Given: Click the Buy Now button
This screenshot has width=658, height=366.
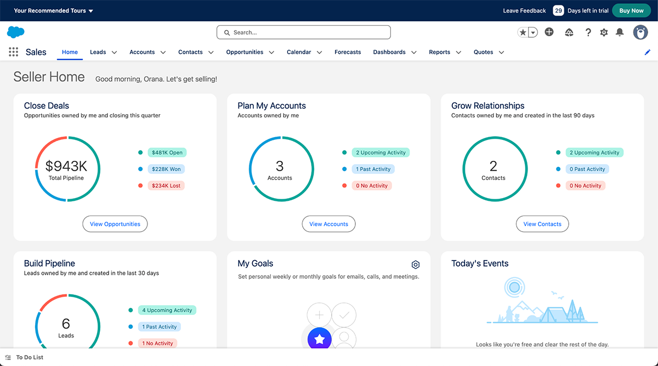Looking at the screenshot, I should (x=631, y=10).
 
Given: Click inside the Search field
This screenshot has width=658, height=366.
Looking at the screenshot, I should (x=303, y=32).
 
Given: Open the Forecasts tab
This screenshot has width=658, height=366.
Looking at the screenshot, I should (x=348, y=52).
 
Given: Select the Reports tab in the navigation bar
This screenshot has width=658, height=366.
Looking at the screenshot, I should (x=439, y=52).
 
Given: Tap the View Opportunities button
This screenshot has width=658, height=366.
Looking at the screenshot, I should (x=115, y=224).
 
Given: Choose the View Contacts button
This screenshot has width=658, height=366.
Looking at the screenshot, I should (x=542, y=224).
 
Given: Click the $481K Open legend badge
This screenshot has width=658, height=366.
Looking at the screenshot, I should (x=167, y=153).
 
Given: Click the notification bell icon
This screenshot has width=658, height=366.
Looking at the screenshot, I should (x=620, y=32).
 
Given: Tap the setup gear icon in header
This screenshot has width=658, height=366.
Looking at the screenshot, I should (x=604, y=32).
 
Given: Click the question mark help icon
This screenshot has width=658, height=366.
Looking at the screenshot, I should (x=588, y=32).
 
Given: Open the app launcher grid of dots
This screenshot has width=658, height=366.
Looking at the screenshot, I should (x=14, y=52).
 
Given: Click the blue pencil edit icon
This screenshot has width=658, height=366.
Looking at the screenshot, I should (x=648, y=52).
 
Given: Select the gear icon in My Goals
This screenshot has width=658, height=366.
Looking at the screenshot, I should (x=416, y=264).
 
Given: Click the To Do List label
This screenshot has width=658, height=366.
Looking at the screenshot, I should (x=30, y=357).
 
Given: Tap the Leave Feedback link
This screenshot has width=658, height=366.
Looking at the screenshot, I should (x=524, y=10).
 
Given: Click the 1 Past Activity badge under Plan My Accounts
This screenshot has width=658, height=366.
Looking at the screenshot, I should (x=373, y=169).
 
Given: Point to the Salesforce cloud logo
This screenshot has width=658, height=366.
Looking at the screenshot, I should (x=16, y=32).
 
